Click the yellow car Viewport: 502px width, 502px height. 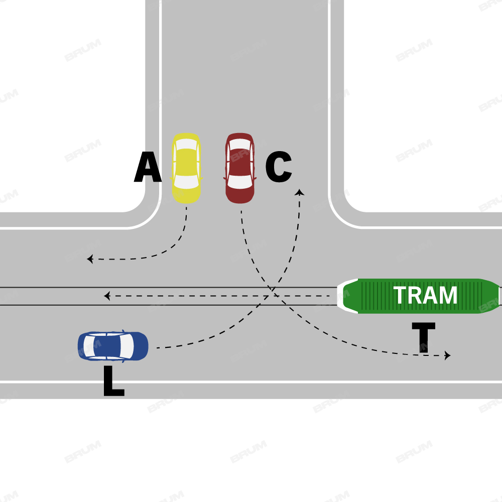coord(186,168)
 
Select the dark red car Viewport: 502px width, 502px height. coord(240,168)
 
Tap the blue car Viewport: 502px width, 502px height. coord(113,346)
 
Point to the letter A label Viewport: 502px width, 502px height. coord(148,169)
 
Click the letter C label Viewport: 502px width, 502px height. coord(278,168)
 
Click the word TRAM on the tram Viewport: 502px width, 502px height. coord(425,296)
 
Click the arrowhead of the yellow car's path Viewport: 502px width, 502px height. coord(89,259)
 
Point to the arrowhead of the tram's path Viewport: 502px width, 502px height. coord(106,296)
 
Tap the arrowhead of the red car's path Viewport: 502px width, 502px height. coord(447,355)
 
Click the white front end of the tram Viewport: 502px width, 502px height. coord(346,296)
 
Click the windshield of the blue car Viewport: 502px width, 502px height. coord(127,346)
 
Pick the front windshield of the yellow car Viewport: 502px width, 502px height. coord(186,182)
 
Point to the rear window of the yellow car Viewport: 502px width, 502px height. coord(186,145)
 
